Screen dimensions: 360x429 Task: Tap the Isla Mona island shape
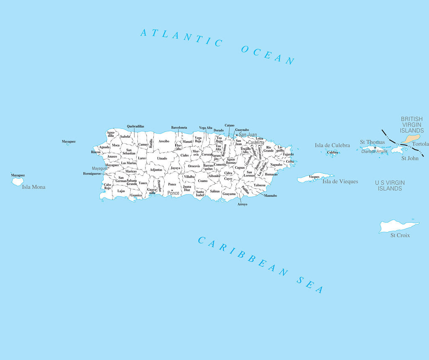(18, 182)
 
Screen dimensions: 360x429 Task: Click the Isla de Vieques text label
(340, 181)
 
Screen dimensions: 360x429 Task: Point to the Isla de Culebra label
(332, 145)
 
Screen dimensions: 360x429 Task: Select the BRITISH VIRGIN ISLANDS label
(412, 125)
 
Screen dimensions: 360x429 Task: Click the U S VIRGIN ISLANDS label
(390, 185)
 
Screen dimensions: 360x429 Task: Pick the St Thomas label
(372, 142)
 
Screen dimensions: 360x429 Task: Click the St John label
(410, 158)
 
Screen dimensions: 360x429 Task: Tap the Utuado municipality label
(162, 158)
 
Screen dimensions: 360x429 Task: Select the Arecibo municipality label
(164, 141)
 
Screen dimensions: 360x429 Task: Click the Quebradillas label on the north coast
(135, 126)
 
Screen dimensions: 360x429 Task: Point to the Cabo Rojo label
(108, 186)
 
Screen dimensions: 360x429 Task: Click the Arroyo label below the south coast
(242, 204)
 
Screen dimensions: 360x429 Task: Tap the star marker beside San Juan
(236, 135)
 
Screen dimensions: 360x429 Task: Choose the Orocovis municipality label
(194, 166)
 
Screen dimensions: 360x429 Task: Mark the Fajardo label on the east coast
(288, 154)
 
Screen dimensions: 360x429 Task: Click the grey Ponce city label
(173, 193)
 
